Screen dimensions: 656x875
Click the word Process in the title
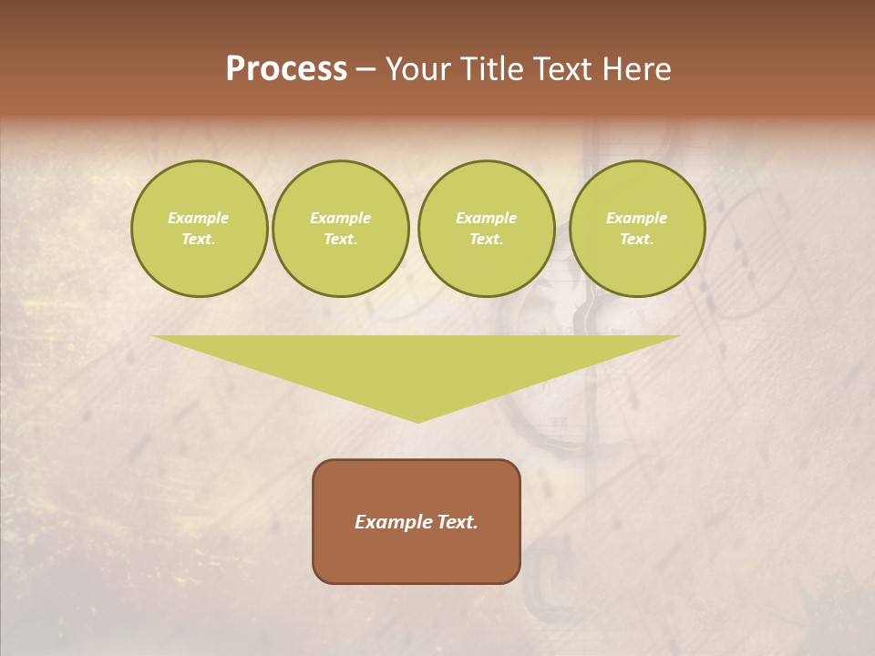pyautogui.click(x=286, y=69)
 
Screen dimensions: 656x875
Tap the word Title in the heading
pyautogui.click(x=489, y=69)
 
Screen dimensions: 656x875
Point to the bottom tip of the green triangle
pyautogui.click(x=417, y=421)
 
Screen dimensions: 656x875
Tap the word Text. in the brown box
pyautogui.click(x=455, y=522)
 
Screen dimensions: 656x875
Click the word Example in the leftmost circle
pyautogui.click(x=199, y=218)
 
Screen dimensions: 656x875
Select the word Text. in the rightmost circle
pyautogui.click(x=637, y=239)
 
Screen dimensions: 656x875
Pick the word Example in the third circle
pyautogui.click(x=486, y=218)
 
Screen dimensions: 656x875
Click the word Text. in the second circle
pyautogui.click(x=341, y=239)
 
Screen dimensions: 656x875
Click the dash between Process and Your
pyautogui.click(x=366, y=70)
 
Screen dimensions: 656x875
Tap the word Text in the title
pyautogui.click(x=561, y=69)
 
